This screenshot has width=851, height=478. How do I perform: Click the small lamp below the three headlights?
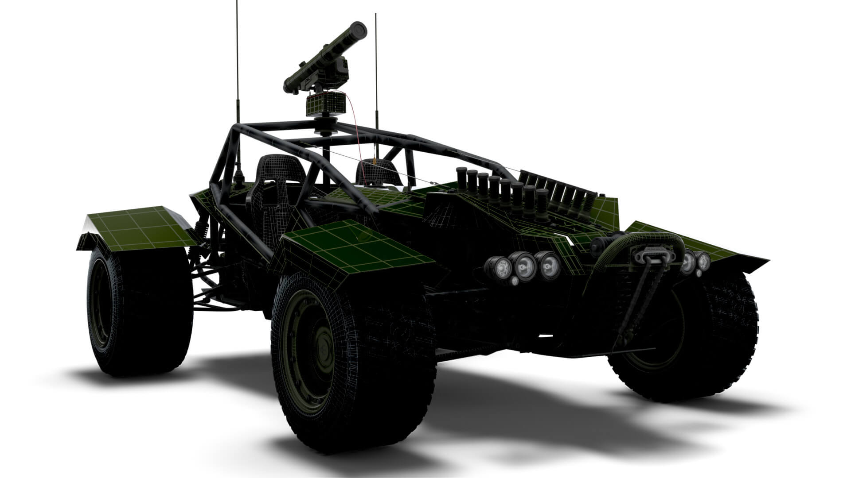pos(514,281)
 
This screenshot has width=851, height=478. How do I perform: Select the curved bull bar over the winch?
pos(643,241)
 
